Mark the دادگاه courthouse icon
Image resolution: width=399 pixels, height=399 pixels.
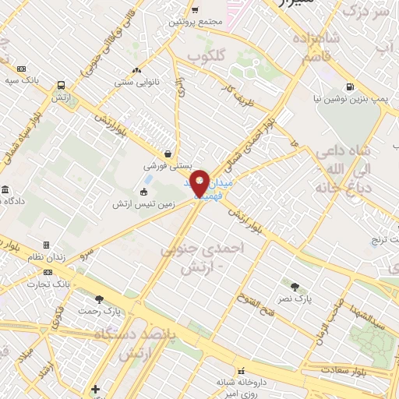[5, 191]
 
